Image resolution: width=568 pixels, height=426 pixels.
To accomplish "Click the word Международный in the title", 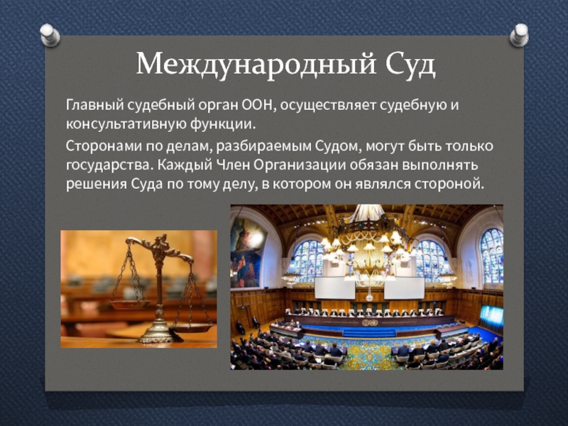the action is [x=256, y=65].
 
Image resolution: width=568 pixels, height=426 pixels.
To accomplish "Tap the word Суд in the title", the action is [x=410, y=65].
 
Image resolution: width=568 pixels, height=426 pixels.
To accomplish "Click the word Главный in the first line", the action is [x=94, y=105].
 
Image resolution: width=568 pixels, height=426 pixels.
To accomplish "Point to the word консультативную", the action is [x=126, y=125].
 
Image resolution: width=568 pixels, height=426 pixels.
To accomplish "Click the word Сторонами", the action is [x=104, y=146].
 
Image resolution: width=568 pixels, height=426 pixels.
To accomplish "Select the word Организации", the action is [x=300, y=165].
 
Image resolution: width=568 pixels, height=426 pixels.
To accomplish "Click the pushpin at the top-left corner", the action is [x=50, y=35].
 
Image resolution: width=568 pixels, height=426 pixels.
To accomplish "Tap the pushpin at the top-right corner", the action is [x=519, y=35].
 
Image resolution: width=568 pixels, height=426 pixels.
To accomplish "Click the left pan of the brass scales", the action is [x=131, y=305].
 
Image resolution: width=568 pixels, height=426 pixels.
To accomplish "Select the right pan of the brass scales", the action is [x=191, y=327].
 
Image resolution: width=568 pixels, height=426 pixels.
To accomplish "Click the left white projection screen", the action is [x=334, y=288].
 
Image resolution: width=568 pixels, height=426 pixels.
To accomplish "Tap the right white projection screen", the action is [x=404, y=288].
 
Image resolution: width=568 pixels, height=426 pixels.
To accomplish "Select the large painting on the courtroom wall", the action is [x=247, y=253].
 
